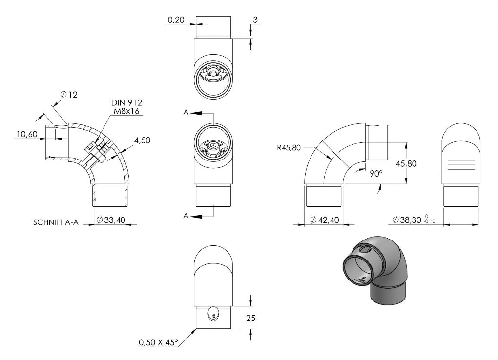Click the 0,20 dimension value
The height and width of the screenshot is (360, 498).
tap(176, 20)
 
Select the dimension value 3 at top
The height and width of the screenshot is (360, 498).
tap(255, 20)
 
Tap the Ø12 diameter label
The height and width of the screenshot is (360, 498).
tap(69, 95)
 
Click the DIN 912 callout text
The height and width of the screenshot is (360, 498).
tap(126, 102)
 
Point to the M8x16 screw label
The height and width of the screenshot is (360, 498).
tap(126, 111)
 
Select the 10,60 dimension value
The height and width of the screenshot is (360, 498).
tap(27, 134)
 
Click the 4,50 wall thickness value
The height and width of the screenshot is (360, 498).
tap(142, 140)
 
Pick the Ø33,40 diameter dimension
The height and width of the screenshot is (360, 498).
tap(111, 220)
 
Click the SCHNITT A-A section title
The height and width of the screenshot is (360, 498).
tap(56, 222)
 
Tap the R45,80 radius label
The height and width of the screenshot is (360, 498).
tap(289, 148)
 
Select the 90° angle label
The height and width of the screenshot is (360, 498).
tap(376, 174)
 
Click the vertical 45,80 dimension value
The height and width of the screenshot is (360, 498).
tap(406, 164)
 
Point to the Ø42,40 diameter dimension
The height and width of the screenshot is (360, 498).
tap(325, 220)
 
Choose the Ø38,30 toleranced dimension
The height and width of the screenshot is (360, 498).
tap(414, 220)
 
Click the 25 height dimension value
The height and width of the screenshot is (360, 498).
tap(250, 318)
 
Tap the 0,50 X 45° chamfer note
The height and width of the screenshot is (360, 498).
tap(158, 342)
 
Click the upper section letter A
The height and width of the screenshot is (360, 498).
tap(186, 112)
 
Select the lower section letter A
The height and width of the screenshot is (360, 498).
tap(186, 216)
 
